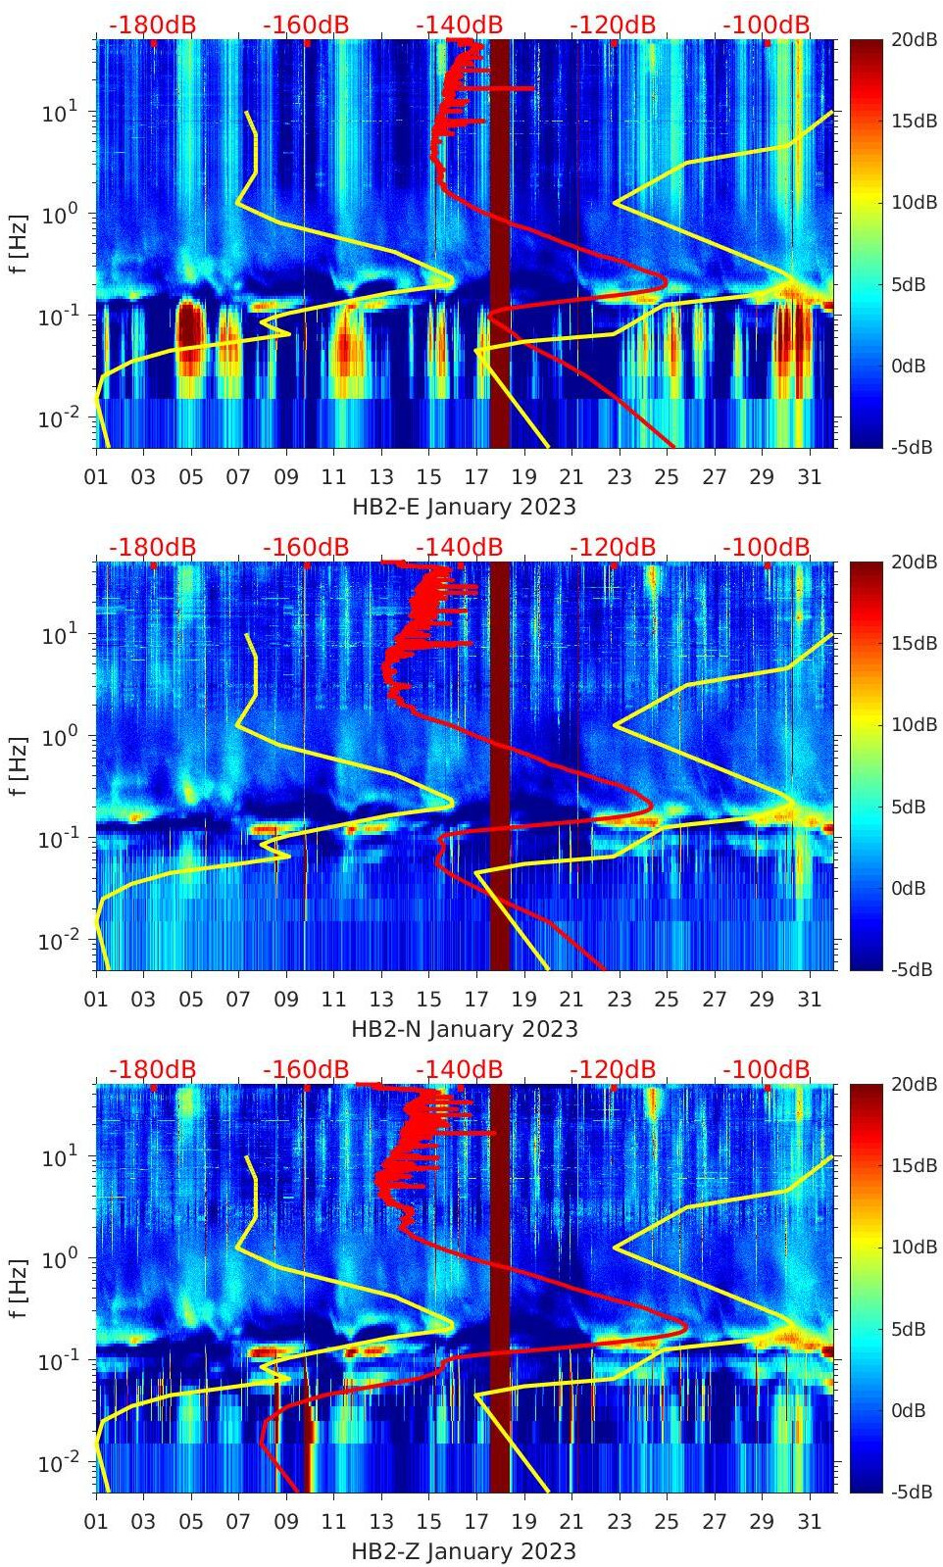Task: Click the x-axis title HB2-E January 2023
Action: [x=464, y=507]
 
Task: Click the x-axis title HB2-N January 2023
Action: [x=464, y=1029]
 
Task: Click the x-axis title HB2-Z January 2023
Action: [x=464, y=1551]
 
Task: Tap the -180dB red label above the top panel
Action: [x=152, y=25]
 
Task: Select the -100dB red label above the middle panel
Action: [x=767, y=548]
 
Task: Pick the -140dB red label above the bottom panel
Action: [x=459, y=1070]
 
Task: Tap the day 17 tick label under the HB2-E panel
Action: [x=476, y=477]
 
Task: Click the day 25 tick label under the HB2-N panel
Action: [x=667, y=1000]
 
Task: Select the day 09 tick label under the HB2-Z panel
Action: [x=286, y=1522]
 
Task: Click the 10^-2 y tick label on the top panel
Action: [x=56, y=419]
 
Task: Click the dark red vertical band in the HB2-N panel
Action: [x=500, y=764]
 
